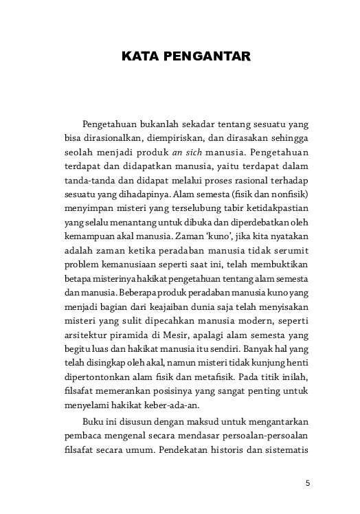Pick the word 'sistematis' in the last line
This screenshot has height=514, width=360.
tap(282, 428)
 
